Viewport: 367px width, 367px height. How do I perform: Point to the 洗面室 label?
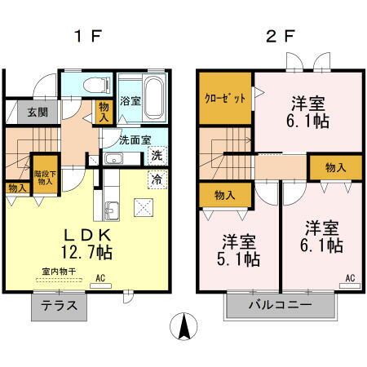pyautogui.click(x=135, y=139)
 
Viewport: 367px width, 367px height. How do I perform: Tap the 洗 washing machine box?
pyautogui.click(x=157, y=154)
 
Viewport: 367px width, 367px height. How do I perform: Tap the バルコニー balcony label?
pyautogui.click(x=281, y=307)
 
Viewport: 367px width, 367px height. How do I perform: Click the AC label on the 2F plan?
pyautogui.click(x=349, y=278)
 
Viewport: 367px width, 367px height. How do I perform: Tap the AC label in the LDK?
pyautogui.click(x=102, y=278)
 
